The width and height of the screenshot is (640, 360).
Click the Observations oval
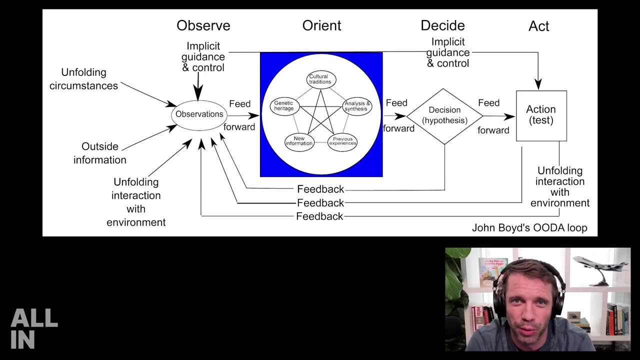[199, 114]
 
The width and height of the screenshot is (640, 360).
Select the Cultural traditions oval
[320, 79]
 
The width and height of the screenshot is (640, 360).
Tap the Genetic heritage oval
[284, 106]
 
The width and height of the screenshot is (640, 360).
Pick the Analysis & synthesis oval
[357, 106]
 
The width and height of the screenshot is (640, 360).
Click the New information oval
[299, 141]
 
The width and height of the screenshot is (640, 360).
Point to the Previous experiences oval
[342, 141]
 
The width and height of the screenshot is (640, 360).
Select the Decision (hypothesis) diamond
[444, 116]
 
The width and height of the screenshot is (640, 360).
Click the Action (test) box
[541, 115]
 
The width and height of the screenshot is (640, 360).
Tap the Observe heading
[203, 26]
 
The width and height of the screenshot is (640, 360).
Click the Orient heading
[321, 26]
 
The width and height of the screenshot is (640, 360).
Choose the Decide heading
[442, 26]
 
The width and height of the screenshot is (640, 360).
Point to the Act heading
[538, 26]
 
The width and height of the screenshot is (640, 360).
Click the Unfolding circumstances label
[83, 79]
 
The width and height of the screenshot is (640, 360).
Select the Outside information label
[100, 153]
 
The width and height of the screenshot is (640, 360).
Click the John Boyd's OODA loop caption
[529, 228]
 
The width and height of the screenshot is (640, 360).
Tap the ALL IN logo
[34, 328]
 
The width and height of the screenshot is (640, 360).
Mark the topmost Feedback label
[320, 189]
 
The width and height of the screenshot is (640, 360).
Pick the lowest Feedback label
[319, 216]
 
